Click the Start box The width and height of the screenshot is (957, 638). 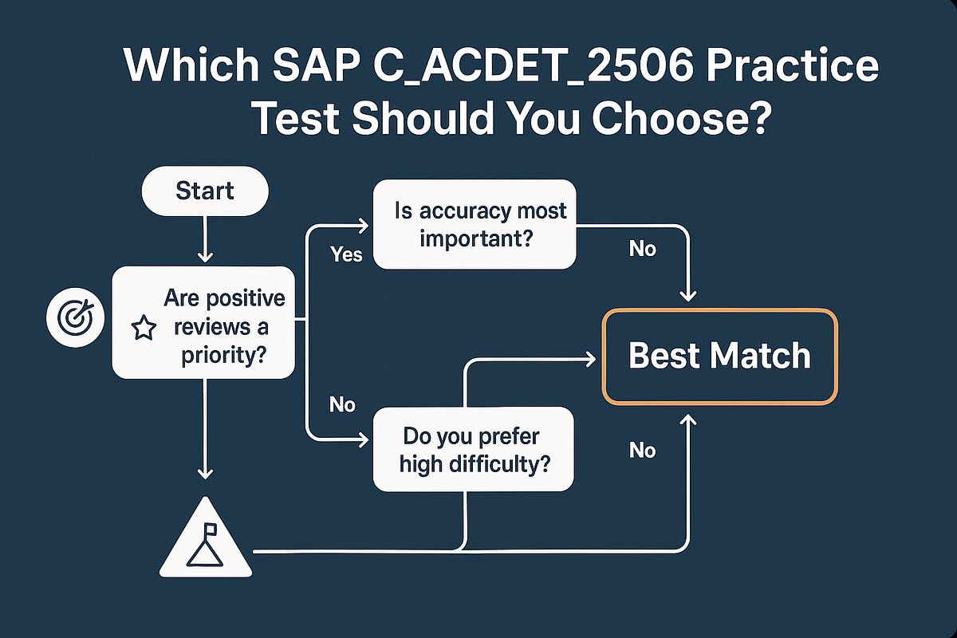pos(205,191)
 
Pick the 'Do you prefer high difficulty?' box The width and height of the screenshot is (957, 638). pos(474,448)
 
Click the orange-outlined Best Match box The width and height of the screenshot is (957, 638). pos(719,356)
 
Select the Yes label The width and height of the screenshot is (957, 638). pos(346,254)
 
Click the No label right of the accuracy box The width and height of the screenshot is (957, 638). pos(642,250)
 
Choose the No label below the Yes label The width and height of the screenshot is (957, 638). pos(342,405)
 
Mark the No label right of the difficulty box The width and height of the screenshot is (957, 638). pos(642,451)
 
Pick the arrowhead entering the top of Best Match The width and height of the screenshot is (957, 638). pos(687,296)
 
